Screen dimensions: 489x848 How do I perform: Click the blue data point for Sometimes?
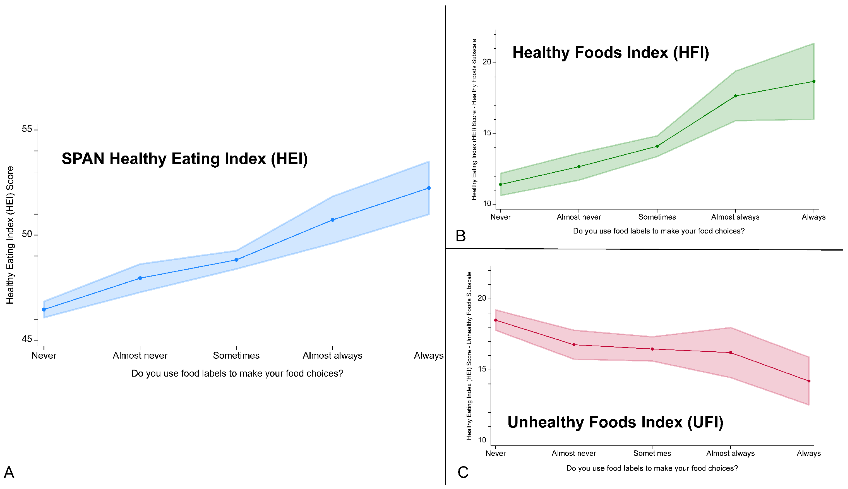coord(236,260)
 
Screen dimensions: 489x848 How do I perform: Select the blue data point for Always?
coord(429,188)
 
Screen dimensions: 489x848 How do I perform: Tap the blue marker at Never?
coord(44,309)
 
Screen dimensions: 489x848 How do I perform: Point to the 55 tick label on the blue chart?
coord(27,129)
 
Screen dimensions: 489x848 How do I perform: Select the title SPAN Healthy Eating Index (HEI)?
coord(185,159)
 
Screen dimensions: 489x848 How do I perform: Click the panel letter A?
coord(9,472)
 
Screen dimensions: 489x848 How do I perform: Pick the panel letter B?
coord(461,236)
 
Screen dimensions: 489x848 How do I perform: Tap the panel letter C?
coord(463,472)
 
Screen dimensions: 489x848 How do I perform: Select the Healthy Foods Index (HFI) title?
coord(611,53)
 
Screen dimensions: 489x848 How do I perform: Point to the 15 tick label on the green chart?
coord(487,133)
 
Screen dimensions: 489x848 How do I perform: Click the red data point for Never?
coord(496,320)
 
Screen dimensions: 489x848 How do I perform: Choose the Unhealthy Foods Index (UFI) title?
coord(615,422)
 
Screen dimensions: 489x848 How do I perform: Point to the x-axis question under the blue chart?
coord(237,373)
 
